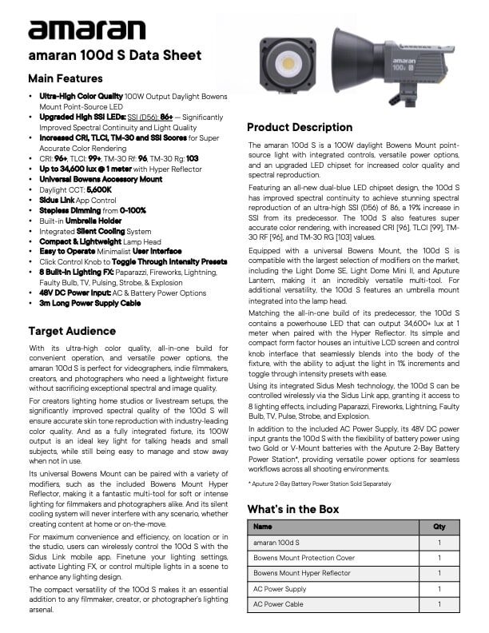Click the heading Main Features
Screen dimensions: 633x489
pos(66,79)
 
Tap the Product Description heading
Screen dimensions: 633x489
pos(300,127)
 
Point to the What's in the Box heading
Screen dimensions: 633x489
pos(293,509)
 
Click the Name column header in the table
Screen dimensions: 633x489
pos(263,527)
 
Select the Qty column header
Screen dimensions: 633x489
pos(439,527)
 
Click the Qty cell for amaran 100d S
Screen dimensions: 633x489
pos(439,543)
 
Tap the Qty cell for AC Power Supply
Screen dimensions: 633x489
pos(439,589)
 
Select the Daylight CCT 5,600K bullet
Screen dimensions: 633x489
pos(76,190)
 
